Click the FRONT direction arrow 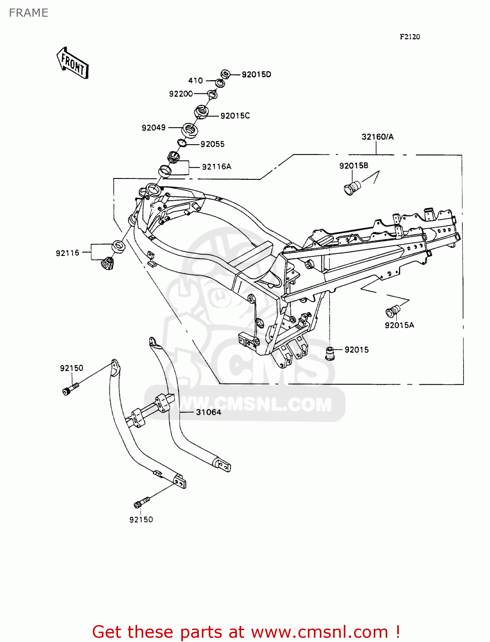click(x=73, y=63)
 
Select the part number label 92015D click(x=256, y=74)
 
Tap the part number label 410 click(x=195, y=80)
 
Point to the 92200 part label click(x=181, y=94)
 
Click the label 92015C click(x=235, y=116)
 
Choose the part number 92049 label click(x=153, y=128)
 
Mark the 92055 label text click(x=213, y=144)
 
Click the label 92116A click(x=216, y=166)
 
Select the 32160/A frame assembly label click(x=378, y=137)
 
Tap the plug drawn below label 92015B click(x=352, y=188)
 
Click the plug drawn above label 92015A click(x=393, y=310)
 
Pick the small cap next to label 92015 click(x=330, y=353)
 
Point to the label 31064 click(x=208, y=412)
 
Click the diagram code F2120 click(x=410, y=37)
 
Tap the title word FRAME click(x=29, y=13)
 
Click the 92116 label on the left click(x=68, y=253)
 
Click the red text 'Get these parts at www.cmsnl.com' click(x=246, y=632)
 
